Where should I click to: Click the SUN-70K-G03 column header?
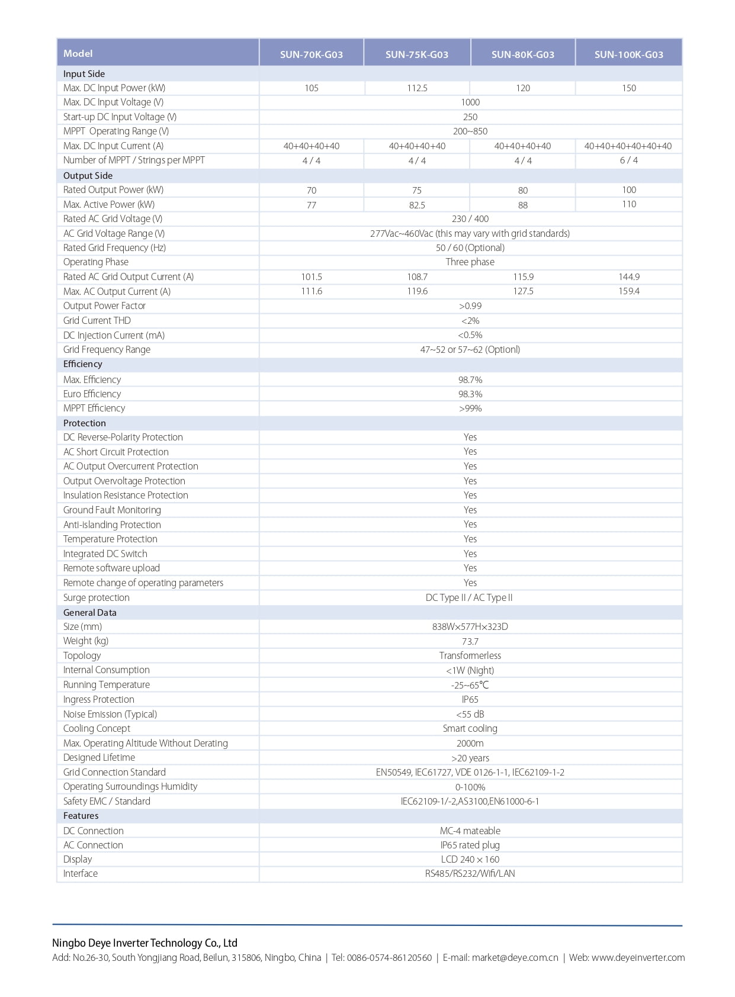pos(311,54)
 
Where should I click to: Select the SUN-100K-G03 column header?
pos(628,54)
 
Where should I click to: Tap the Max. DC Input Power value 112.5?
pos(417,88)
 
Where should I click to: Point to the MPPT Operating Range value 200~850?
pos(470,131)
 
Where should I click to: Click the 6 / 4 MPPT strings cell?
pos(628,160)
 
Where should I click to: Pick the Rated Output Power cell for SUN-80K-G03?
pos(522,191)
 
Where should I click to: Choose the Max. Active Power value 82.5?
pos(417,205)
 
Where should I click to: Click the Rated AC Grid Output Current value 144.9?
pos(628,277)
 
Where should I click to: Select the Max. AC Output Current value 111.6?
pos(311,291)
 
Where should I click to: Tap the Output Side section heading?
pos(88,176)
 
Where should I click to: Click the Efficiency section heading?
pos(82,364)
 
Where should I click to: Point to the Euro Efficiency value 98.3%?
pos(470,394)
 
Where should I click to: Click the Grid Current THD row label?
pos(97,320)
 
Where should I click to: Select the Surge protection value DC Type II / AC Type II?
pos(469,598)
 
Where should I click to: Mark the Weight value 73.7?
pos(470,641)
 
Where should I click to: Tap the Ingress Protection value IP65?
pos(470,700)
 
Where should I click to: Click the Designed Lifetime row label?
pos(99,758)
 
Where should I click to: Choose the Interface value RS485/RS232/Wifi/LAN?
pos(470,874)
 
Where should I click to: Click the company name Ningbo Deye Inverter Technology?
pos(145,943)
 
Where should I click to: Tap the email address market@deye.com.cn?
pos(515,958)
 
